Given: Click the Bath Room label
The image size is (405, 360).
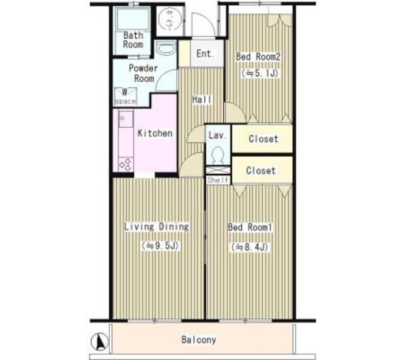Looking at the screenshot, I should click(133, 40).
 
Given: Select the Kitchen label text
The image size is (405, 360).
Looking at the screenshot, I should click(154, 133).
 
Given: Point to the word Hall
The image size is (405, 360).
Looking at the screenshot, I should click(202, 100).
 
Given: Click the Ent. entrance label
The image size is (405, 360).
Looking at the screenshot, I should click(205, 54).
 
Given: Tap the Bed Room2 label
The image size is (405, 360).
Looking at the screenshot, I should click(258, 57).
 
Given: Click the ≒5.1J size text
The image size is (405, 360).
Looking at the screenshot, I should click(258, 73).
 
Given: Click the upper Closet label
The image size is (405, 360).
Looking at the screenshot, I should click(263, 139).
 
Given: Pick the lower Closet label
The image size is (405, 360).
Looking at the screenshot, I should click(261, 170).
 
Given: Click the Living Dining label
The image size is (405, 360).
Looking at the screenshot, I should click(157, 227).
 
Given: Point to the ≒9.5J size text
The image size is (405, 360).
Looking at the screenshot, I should click(157, 245).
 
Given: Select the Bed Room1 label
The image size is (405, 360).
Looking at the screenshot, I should click(250, 227).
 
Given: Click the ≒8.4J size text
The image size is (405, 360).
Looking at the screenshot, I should click(251, 247).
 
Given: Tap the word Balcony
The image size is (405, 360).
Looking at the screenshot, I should click(199, 340).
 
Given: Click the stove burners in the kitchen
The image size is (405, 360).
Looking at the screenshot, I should click(125, 164).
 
